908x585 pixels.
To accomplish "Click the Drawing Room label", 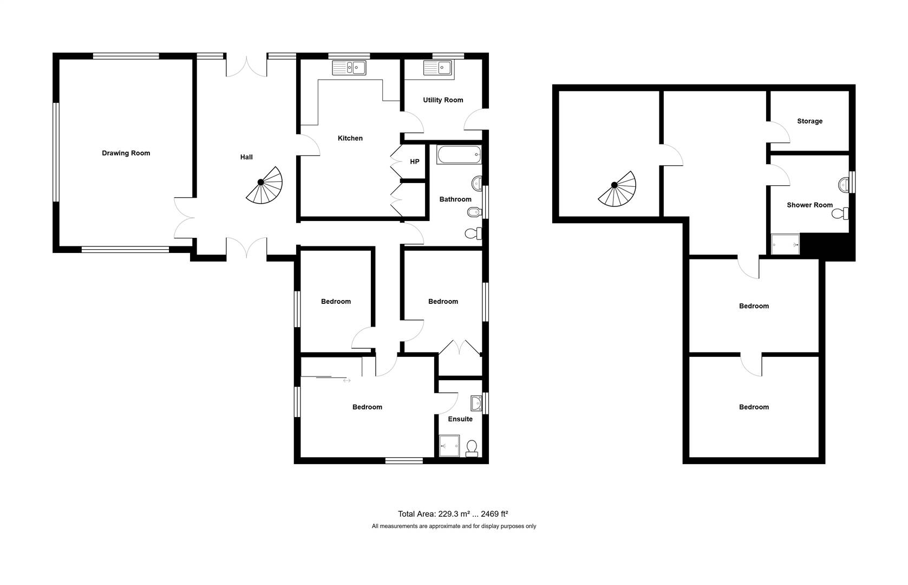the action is tap(126, 153).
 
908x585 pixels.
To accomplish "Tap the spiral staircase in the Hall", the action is tap(264, 185).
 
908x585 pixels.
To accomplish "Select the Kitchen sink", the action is tap(349, 68).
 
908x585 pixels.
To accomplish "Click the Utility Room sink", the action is tap(437, 68).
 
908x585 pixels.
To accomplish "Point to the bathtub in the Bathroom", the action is tap(459, 155).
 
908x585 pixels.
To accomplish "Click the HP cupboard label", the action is tap(414, 162).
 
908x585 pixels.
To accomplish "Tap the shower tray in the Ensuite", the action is tap(449, 446).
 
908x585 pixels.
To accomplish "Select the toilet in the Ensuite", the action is tap(472, 448).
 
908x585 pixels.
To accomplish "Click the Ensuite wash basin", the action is tap(476, 404).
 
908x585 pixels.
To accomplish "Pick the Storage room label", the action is tap(809, 121).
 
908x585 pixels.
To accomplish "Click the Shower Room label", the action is tap(809, 205).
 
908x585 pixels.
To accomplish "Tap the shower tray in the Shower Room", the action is tap(785, 244).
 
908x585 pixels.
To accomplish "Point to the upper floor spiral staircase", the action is tap(617, 189).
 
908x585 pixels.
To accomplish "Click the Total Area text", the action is tap(453, 514).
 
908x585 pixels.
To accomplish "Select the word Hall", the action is tap(246, 157).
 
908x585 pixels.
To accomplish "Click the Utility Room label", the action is tap(443, 100).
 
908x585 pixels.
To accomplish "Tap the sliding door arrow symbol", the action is tap(347, 380).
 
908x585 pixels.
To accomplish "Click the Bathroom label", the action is tap(455, 199).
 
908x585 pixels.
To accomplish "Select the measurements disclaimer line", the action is tap(454, 526).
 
